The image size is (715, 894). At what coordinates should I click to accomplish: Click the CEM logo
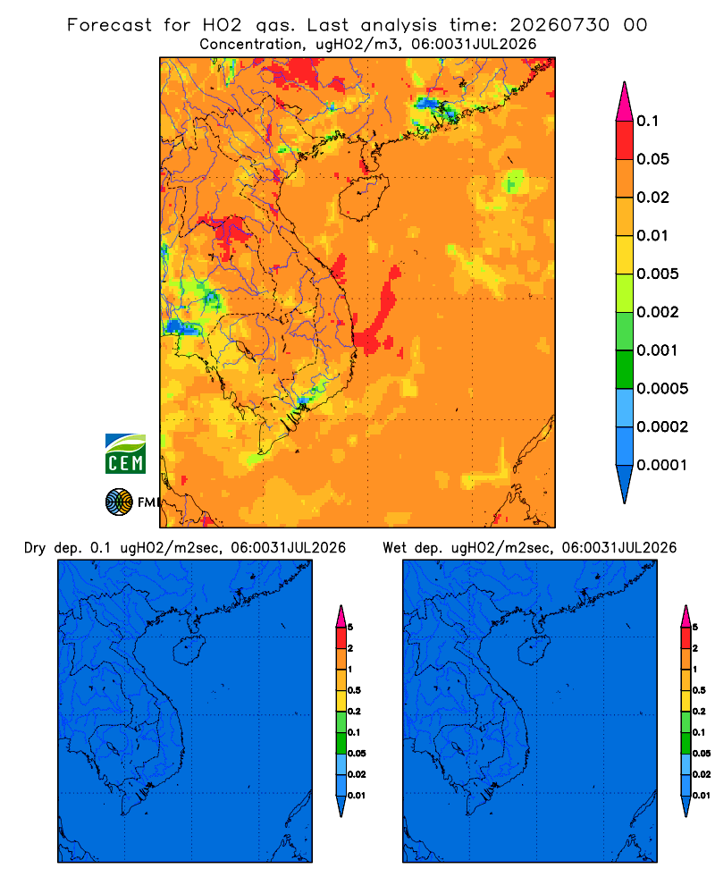coord(125,454)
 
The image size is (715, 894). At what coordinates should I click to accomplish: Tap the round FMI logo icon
coord(119,502)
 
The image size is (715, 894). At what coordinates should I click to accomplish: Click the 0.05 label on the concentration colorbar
coord(652,159)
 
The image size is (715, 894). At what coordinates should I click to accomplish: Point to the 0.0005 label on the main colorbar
coord(662,388)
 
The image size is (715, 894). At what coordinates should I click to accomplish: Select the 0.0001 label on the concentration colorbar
coord(662,465)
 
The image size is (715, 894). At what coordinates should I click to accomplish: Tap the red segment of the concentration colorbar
coord(625,140)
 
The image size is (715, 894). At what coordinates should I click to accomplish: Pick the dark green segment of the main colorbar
coord(625,369)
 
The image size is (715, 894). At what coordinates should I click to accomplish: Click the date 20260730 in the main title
coord(559,25)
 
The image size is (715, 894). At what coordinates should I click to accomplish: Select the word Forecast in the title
coord(109,25)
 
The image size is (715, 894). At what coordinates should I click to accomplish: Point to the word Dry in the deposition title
coord(34,548)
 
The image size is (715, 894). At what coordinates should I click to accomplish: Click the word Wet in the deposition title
coord(395,548)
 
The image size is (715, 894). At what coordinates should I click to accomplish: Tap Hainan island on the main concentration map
coord(363,198)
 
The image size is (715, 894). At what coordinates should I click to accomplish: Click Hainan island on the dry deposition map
coord(189,650)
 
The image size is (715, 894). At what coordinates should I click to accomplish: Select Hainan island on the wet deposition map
coord(534,650)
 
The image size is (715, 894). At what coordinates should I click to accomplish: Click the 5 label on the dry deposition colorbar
coord(350,628)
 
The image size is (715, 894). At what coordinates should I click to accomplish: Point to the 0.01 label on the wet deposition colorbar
coord(702,796)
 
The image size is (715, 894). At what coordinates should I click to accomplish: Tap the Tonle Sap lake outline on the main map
coord(246,350)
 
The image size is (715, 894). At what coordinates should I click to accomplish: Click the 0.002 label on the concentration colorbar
coord(658,312)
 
